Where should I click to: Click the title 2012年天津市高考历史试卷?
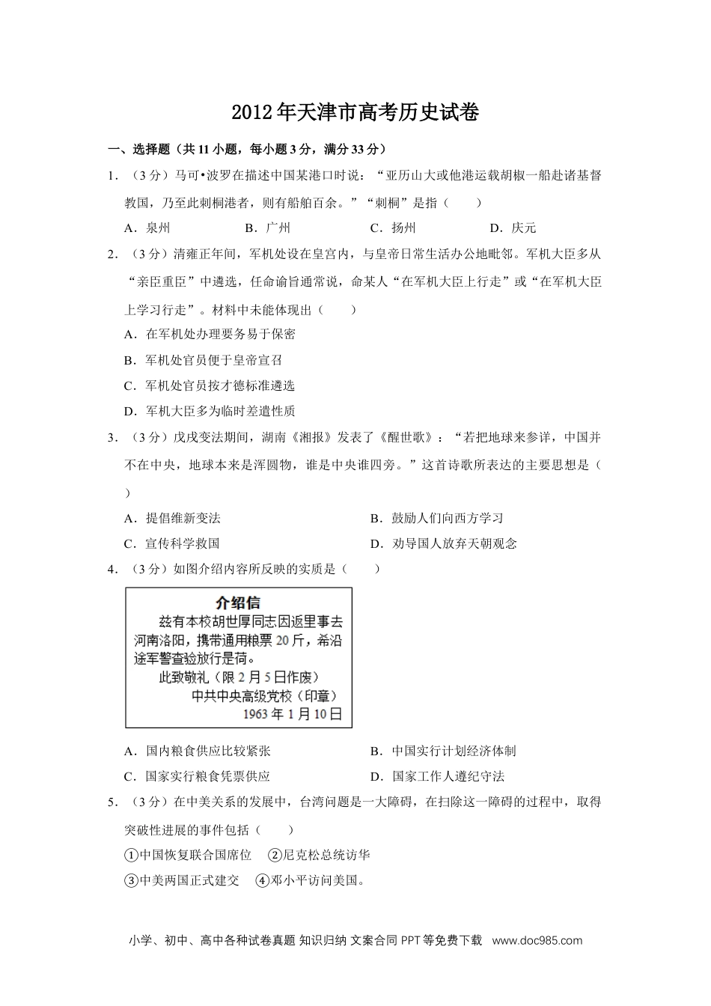coord(355,112)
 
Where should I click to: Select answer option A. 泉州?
coord(147,228)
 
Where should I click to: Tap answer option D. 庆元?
coord(513,228)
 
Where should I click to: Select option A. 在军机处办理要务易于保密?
coord(210,334)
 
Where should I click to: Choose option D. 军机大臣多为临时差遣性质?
coord(210,410)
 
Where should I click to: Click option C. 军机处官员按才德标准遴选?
coord(210,385)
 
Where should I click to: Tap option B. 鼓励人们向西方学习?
coord(436,518)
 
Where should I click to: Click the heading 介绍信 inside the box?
coord(238,603)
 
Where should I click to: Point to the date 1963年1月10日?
coord(293,714)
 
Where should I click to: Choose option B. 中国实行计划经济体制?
coord(443,751)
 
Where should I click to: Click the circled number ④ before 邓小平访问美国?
coord(262,880)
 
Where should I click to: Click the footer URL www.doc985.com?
coord(537,941)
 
